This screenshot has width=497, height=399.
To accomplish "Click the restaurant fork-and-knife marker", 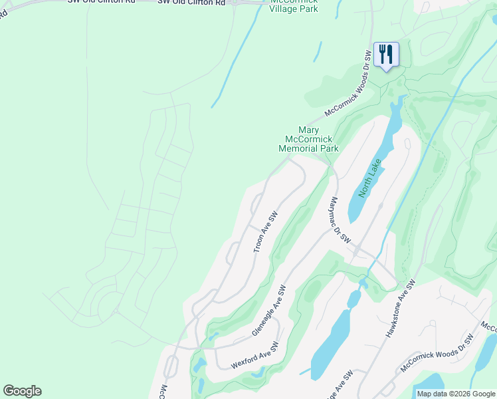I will (x=386, y=55).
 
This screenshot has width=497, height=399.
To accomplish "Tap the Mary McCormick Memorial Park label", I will (x=309, y=140).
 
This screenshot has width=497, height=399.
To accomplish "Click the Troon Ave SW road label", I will (x=265, y=232).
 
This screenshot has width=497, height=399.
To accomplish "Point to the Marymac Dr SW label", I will (x=340, y=219).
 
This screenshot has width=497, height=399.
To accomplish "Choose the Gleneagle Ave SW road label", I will (x=269, y=311).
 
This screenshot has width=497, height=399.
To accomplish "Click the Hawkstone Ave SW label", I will (x=401, y=307).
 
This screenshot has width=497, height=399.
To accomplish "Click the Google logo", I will (x=22, y=391).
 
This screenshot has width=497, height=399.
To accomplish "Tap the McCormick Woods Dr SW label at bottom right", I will (x=436, y=353).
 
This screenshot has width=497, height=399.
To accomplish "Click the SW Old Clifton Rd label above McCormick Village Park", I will (x=191, y=3).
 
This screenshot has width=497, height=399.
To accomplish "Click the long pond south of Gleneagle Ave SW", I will (x=330, y=344).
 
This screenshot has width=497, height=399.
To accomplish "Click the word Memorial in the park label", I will (x=299, y=149).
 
